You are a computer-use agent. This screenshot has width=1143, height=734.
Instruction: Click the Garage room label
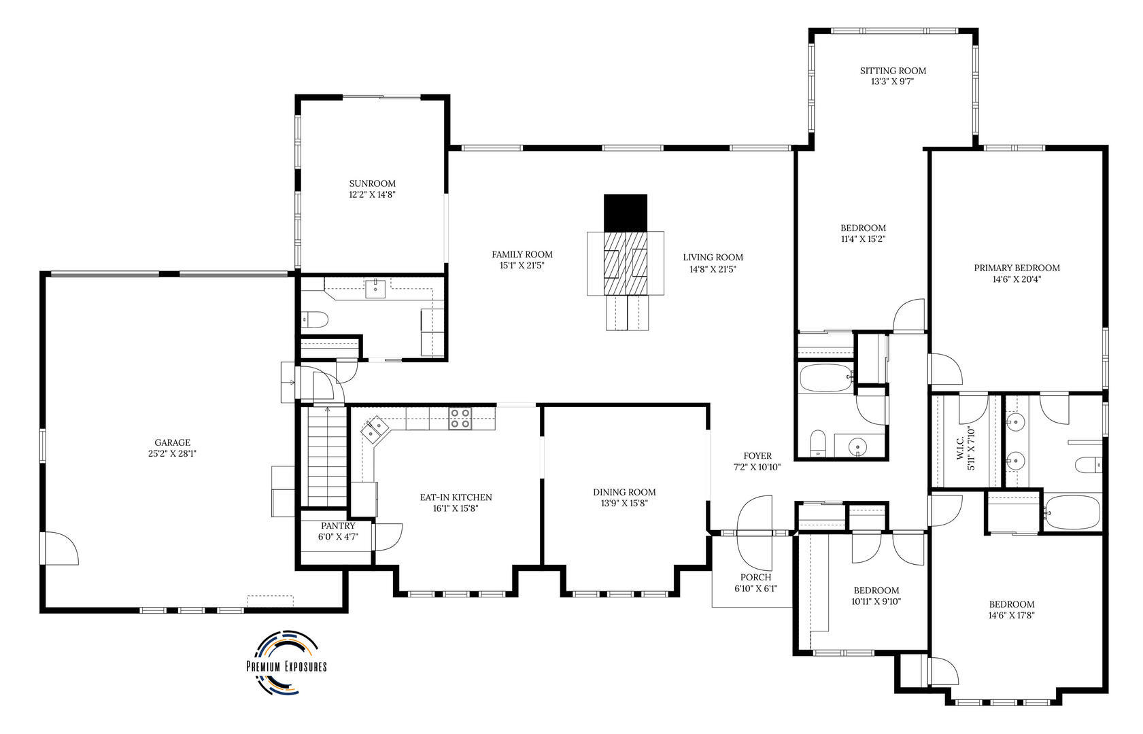(x=173, y=442)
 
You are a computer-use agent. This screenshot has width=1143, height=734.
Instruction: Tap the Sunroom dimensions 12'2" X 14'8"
(x=372, y=194)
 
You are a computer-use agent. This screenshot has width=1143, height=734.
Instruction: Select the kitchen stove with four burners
(x=460, y=418)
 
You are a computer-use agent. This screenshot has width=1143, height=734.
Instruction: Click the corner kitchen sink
(x=375, y=430)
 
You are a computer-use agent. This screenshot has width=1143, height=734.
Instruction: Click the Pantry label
(x=338, y=525)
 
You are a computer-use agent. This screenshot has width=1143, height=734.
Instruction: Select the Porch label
(x=755, y=577)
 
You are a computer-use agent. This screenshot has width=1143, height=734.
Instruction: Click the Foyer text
(x=757, y=455)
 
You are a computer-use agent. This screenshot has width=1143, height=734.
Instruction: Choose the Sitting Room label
(x=892, y=71)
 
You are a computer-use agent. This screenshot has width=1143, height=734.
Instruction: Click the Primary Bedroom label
(x=1016, y=268)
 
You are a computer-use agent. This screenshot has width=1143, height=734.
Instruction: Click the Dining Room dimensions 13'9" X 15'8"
(x=624, y=504)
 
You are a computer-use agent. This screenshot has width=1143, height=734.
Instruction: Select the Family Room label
(x=522, y=254)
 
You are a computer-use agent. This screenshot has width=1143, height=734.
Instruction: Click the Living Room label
(x=712, y=257)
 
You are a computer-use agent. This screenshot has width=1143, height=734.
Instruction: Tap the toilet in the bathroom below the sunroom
(x=315, y=319)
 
